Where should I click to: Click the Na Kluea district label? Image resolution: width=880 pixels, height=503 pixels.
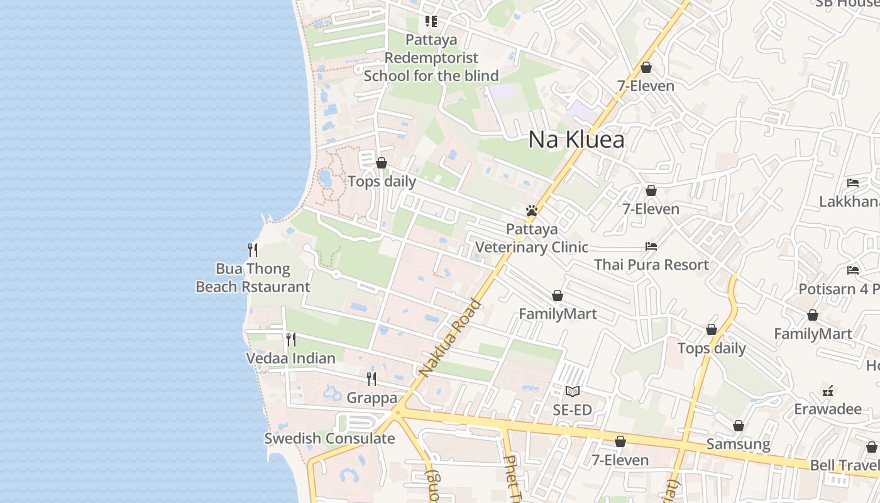(576, 140)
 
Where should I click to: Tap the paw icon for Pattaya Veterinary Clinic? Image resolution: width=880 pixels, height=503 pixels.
(532, 211)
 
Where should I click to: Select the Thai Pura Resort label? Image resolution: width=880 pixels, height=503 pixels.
(651, 265)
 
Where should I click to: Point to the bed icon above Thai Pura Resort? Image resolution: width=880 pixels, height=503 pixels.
(651, 246)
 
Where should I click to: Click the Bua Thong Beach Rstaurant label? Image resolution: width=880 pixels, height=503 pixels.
(253, 278)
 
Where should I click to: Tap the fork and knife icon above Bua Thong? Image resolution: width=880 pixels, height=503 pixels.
(253, 250)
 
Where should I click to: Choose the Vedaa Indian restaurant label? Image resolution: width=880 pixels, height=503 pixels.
(290, 358)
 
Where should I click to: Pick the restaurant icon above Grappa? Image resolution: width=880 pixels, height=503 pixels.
(371, 379)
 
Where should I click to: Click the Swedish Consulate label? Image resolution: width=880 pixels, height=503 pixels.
(329, 439)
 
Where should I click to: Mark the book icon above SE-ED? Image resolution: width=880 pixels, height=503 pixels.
(572, 392)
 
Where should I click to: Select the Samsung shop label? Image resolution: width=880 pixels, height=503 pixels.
(738, 445)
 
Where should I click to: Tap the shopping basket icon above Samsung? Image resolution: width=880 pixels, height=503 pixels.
(738, 426)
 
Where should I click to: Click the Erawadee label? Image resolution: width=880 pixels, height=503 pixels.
(827, 409)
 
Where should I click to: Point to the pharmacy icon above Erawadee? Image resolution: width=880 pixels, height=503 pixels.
(828, 390)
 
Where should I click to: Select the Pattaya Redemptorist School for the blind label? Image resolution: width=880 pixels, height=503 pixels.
(431, 58)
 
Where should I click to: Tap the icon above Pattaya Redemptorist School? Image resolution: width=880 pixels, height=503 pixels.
(431, 21)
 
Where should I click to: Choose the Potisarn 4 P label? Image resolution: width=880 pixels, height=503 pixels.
(839, 289)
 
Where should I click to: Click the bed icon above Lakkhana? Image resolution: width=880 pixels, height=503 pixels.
(853, 183)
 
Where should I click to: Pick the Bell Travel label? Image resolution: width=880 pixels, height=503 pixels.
(844, 466)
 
